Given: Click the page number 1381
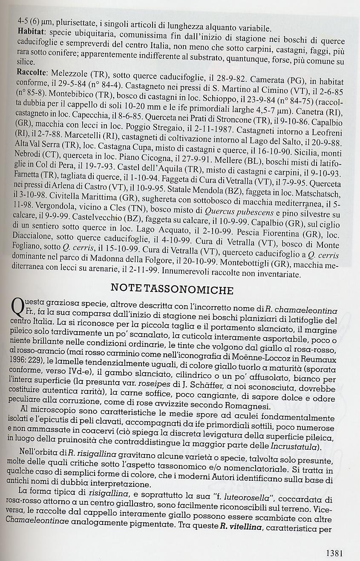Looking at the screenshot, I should [334, 553].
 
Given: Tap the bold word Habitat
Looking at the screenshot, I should [32, 31].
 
